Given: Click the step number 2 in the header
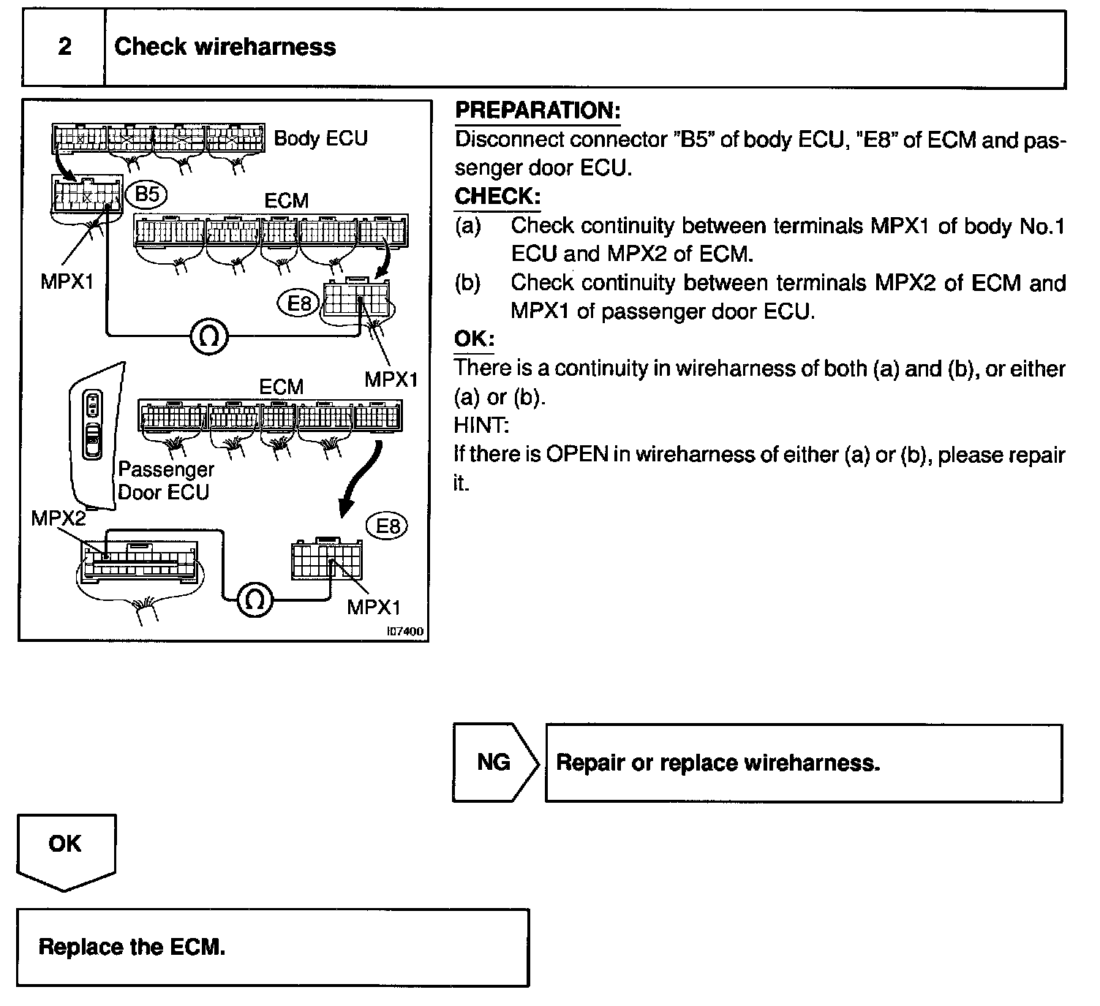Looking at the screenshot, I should [64, 48].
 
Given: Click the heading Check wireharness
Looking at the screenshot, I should [225, 48].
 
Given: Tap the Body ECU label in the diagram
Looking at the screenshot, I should [320, 139].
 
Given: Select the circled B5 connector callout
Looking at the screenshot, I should [147, 194].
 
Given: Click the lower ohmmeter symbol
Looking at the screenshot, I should [255, 599].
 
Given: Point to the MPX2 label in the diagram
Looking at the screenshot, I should [58, 518].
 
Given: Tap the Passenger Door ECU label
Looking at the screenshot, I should [165, 480].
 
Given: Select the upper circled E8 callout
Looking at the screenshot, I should [300, 303].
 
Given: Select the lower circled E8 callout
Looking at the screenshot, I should [387, 526].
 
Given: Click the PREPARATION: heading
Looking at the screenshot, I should [538, 111].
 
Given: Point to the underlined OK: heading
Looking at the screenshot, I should [474, 339].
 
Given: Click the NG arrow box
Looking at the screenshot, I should [494, 763].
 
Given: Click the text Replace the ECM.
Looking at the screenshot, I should [132, 948].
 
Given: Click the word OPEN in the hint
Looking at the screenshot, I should [577, 455].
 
